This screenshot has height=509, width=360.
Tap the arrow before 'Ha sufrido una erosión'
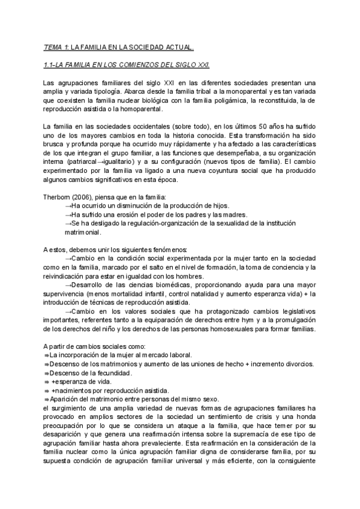(x=68, y=214)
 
